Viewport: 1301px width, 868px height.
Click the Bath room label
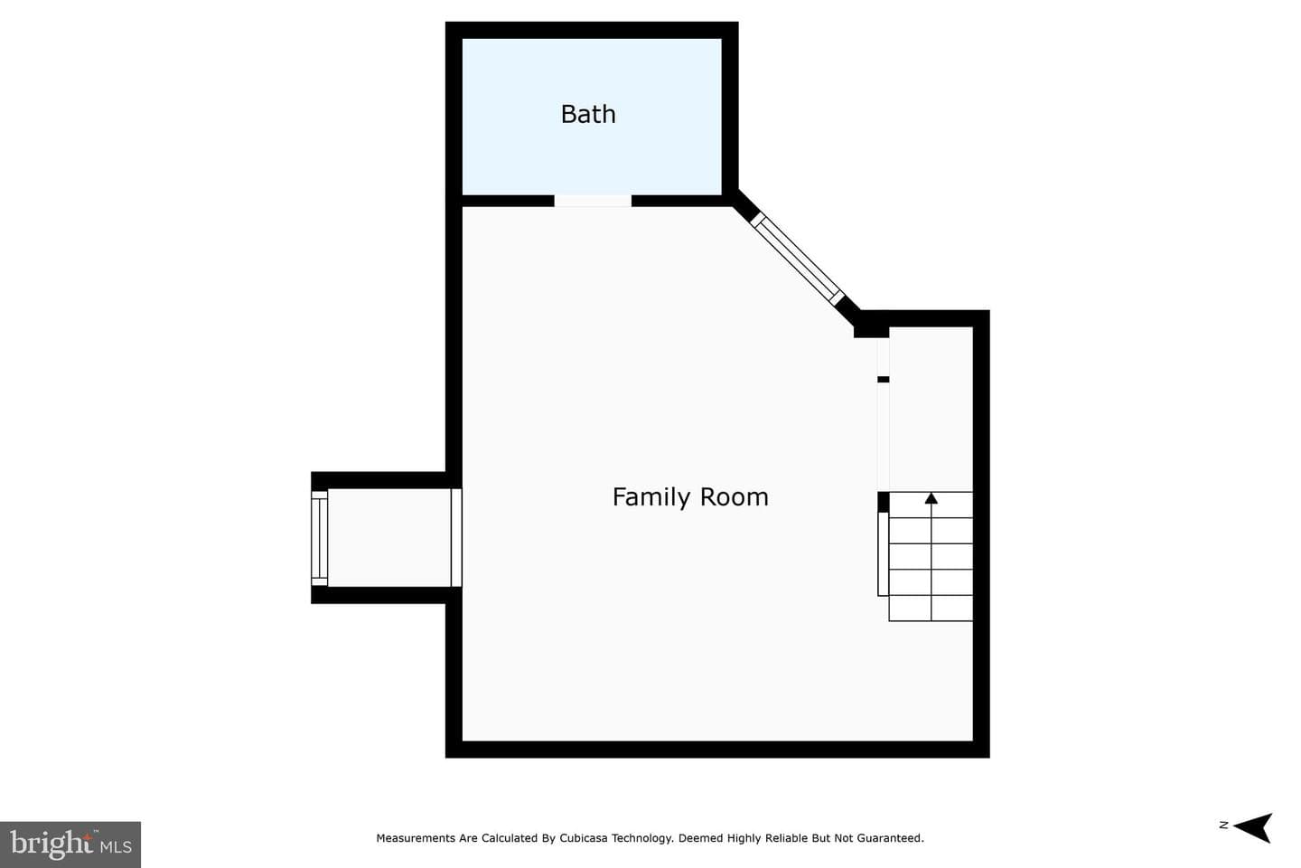coord(588,114)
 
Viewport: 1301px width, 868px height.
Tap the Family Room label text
coord(690,497)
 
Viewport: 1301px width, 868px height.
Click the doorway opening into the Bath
coord(593,201)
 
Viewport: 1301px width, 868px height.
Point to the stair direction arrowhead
coord(931,498)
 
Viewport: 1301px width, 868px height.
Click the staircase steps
coord(931,556)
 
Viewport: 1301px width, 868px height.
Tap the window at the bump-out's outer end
coord(320,538)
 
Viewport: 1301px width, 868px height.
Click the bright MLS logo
coord(70,844)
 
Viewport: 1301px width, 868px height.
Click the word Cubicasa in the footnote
coord(588,838)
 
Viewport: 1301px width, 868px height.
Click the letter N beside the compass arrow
coord(1223,825)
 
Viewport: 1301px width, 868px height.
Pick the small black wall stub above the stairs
coord(883,380)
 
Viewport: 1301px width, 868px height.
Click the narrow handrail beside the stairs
coord(883,554)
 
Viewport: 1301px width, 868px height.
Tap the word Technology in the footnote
coord(648,838)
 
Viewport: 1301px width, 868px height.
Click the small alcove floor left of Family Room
coord(389,538)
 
